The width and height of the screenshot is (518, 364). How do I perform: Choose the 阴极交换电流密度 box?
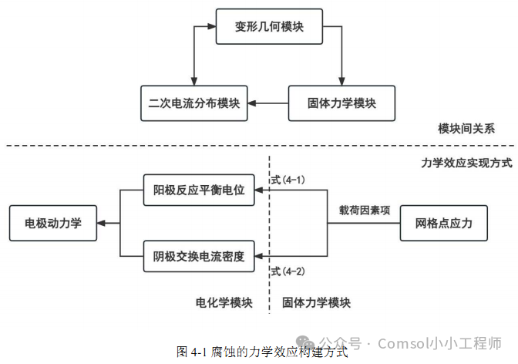pos(198,257)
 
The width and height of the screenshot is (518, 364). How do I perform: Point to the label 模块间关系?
pos(466,128)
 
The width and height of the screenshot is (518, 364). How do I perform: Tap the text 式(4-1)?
pos(288,180)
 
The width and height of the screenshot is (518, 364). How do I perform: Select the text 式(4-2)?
pos(288,271)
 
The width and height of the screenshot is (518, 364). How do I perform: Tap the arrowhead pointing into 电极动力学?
pos(103,224)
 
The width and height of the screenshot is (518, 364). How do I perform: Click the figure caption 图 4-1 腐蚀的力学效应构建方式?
pos(261,352)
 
